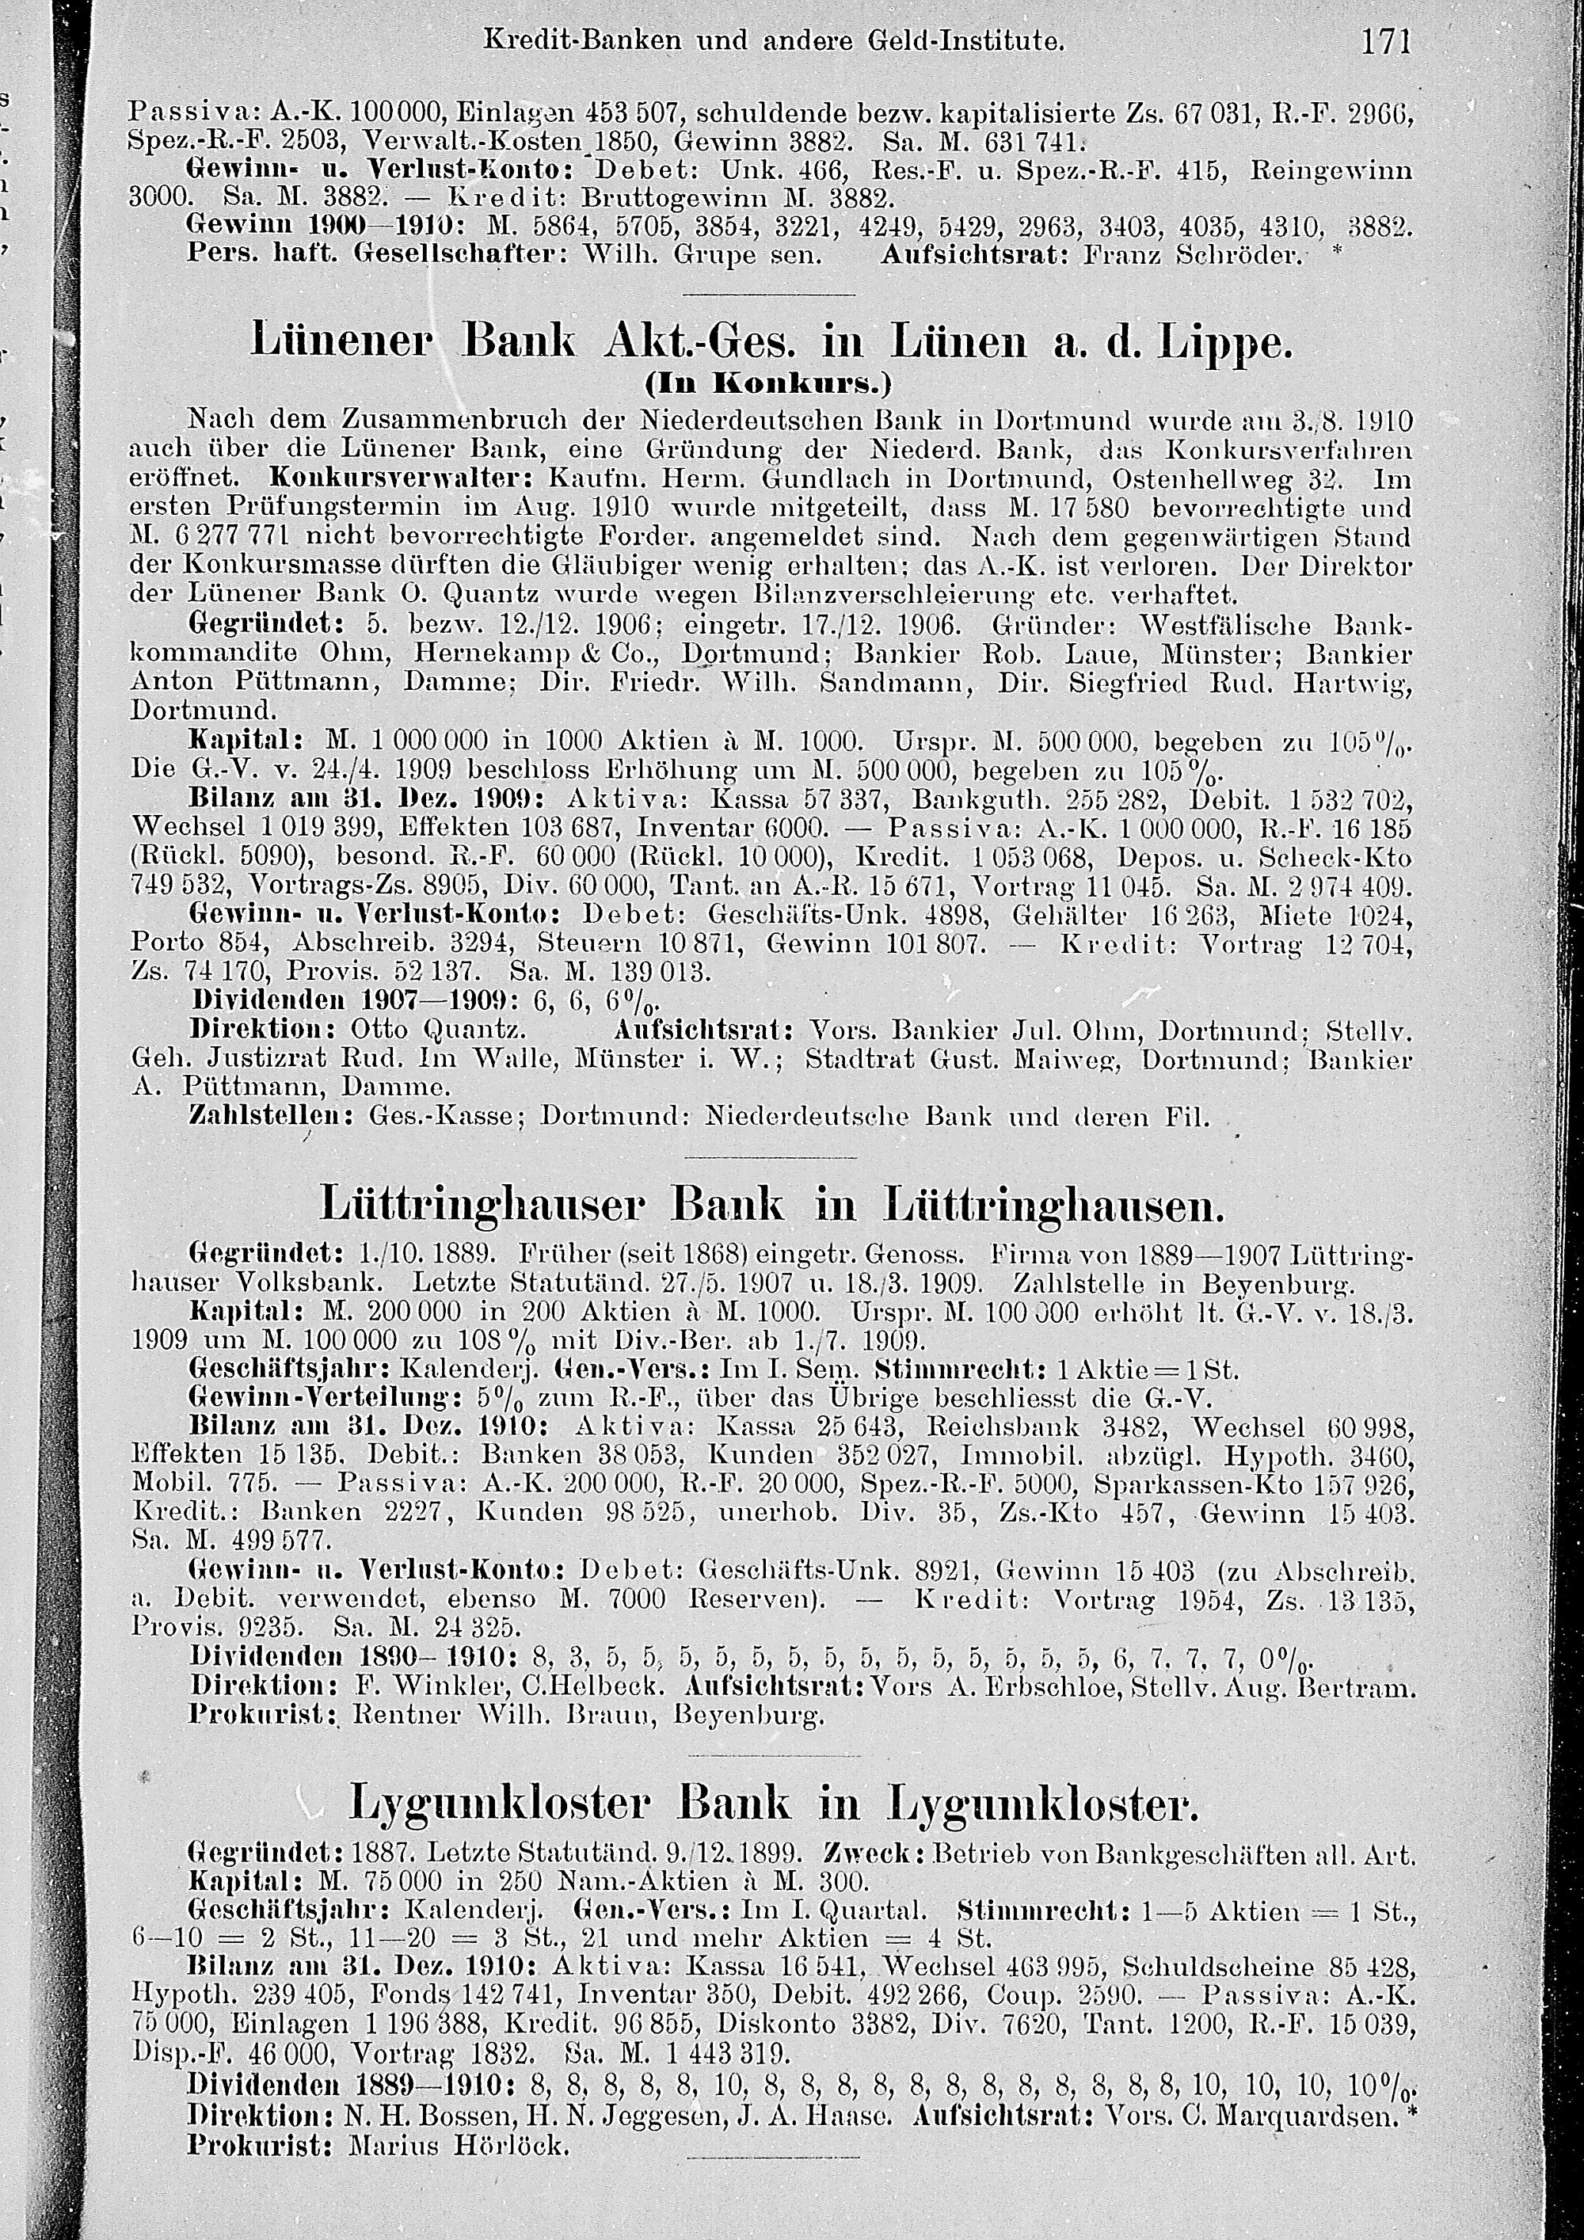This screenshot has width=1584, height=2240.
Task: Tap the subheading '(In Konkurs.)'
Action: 771,384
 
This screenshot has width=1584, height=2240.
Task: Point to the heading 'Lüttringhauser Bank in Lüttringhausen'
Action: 771,1207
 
